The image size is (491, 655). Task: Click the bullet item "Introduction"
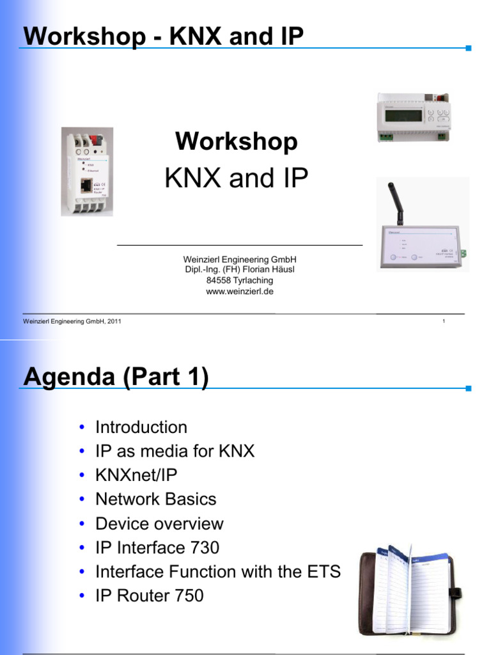pos(141,427)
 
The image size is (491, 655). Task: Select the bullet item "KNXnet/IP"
pos(136,475)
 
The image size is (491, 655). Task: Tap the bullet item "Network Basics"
pos(156,499)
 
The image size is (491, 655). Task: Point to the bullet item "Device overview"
pos(159,523)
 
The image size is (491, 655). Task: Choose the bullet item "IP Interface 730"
pos(157,548)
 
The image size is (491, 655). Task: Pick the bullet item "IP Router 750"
pos(150,596)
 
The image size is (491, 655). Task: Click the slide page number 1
pos(443,321)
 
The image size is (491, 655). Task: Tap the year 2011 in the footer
pos(114,321)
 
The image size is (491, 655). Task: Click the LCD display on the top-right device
pos(402,116)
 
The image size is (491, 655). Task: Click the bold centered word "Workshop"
pos(237,141)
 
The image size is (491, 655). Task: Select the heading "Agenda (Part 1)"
pos(116,377)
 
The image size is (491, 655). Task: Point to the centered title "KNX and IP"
pos(237,178)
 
